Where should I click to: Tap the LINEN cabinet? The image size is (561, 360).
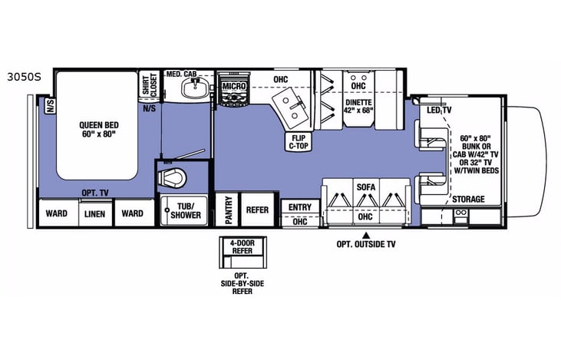(x=96, y=213)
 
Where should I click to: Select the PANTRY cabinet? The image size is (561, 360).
(x=229, y=210)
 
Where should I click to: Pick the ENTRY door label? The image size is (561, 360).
(x=299, y=207)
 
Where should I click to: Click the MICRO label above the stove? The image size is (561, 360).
(x=233, y=87)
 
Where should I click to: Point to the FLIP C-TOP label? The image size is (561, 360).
(x=299, y=142)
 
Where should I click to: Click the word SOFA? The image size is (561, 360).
(x=365, y=187)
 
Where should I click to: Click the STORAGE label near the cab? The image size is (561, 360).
(x=467, y=200)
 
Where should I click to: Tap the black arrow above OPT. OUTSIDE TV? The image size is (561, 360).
(x=366, y=233)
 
